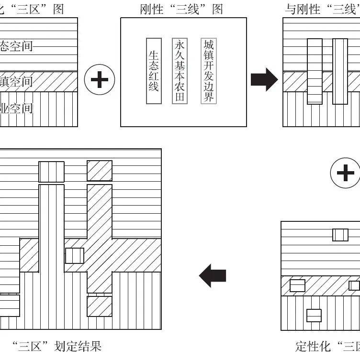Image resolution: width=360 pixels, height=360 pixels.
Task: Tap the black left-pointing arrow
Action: coord(212,276)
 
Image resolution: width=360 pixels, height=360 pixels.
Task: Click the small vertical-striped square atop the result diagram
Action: coord(51,171)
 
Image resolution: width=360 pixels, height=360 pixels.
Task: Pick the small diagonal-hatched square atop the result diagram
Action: coord(100,171)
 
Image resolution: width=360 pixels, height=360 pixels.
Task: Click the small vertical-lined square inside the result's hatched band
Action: coord(75,256)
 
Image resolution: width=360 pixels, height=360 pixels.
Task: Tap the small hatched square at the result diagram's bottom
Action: coord(100,306)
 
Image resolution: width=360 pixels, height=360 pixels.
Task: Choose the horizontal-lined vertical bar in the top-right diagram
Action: coord(315,71)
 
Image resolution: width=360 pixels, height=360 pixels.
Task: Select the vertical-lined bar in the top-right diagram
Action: coord(339,71)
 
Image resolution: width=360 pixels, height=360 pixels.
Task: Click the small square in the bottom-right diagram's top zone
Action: coord(340,235)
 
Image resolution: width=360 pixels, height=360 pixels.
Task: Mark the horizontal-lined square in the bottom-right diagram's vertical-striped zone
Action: coord(314,316)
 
